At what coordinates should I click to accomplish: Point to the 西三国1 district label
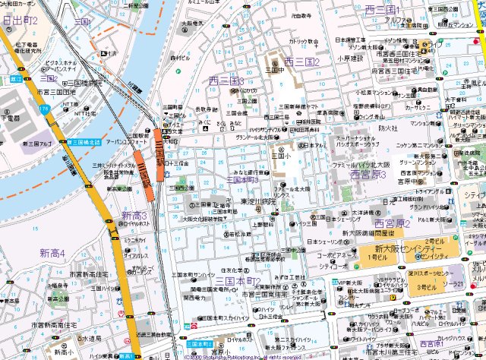point(382,10)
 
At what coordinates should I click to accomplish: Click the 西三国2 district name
point(301,62)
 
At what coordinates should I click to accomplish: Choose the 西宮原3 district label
point(368,175)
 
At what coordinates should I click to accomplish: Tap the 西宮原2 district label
point(392,224)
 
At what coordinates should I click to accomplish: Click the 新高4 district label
point(52,253)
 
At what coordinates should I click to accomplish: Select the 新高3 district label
point(134,216)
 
